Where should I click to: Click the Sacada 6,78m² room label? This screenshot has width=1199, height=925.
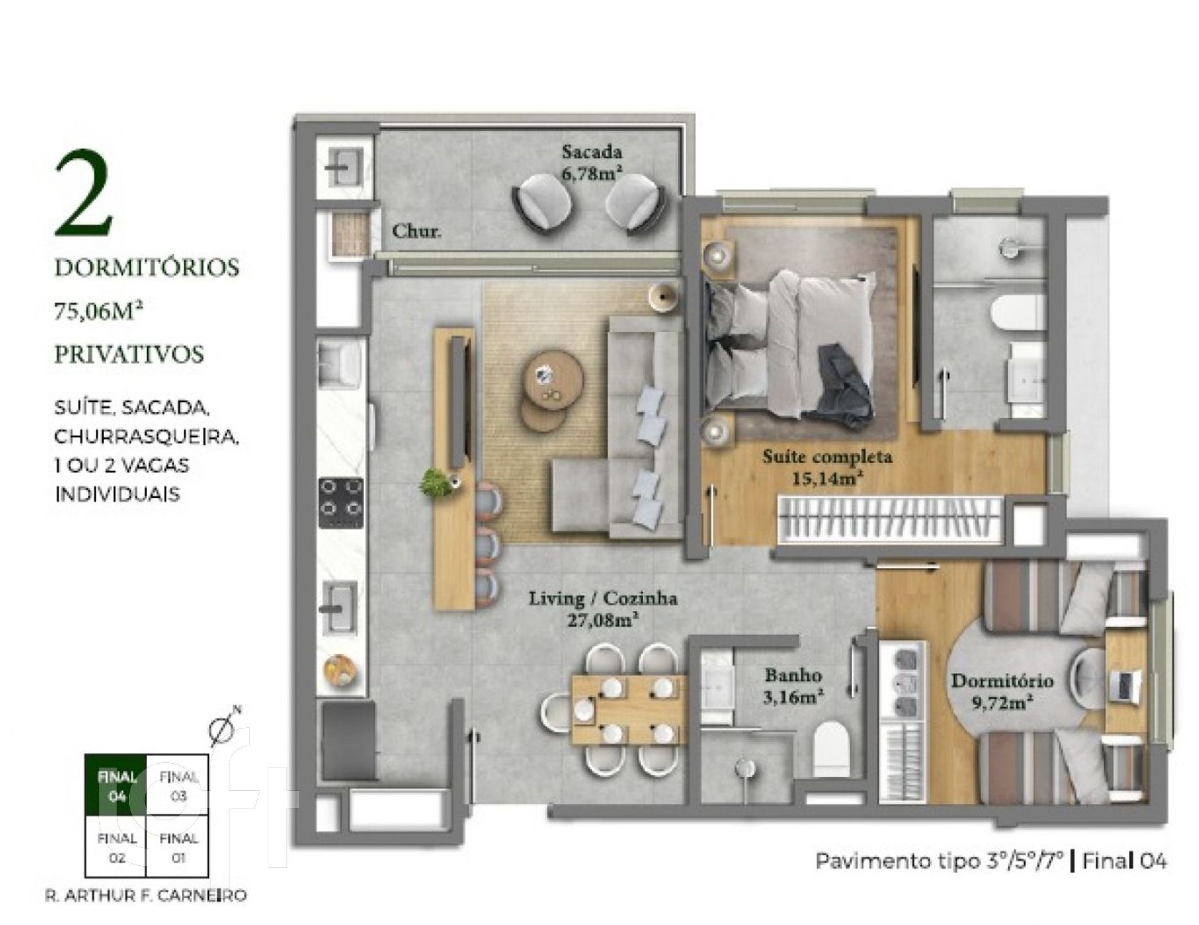pyautogui.click(x=592, y=163)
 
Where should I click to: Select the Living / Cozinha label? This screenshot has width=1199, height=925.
pyautogui.click(x=603, y=599)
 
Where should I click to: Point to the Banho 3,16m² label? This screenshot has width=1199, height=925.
pyautogui.click(x=793, y=685)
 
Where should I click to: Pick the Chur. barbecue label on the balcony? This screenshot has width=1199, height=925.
pyautogui.click(x=416, y=231)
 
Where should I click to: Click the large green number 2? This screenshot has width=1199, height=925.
pyautogui.click(x=84, y=193)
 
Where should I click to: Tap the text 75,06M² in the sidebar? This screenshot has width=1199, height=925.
pyautogui.click(x=98, y=311)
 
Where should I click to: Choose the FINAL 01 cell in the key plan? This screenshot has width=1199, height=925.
pyautogui.click(x=178, y=847)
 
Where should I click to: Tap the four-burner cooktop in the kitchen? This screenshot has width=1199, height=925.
pyautogui.click(x=341, y=504)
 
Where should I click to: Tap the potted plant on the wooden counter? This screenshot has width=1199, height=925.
pyautogui.click(x=436, y=482)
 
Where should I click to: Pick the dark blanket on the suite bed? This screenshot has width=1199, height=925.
pyautogui.click(x=846, y=385)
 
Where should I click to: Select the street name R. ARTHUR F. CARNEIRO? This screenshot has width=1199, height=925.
pyautogui.click(x=146, y=895)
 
